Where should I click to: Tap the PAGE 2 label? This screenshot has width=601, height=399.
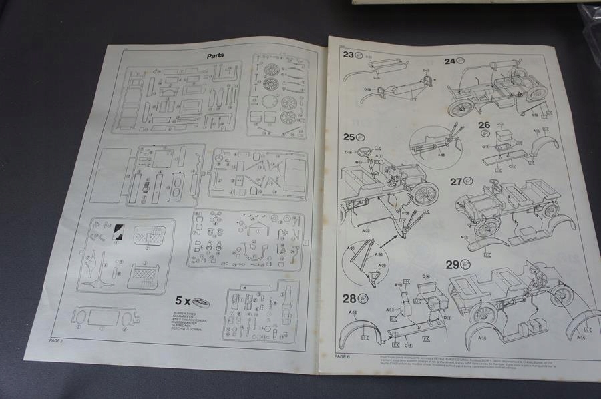click(x=56, y=340)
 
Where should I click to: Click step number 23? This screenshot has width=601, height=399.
click(x=349, y=55)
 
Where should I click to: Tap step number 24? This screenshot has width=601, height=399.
click(x=450, y=61)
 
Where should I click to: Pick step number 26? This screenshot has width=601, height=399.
click(x=483, y=125)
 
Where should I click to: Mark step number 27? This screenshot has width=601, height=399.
click(x=456, y=181)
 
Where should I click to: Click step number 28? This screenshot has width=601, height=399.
click(x=349, y=298)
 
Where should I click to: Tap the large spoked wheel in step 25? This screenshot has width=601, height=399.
click(x=425, y=194)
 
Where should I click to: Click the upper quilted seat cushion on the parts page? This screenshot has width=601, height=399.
click(x=150, y=235)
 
